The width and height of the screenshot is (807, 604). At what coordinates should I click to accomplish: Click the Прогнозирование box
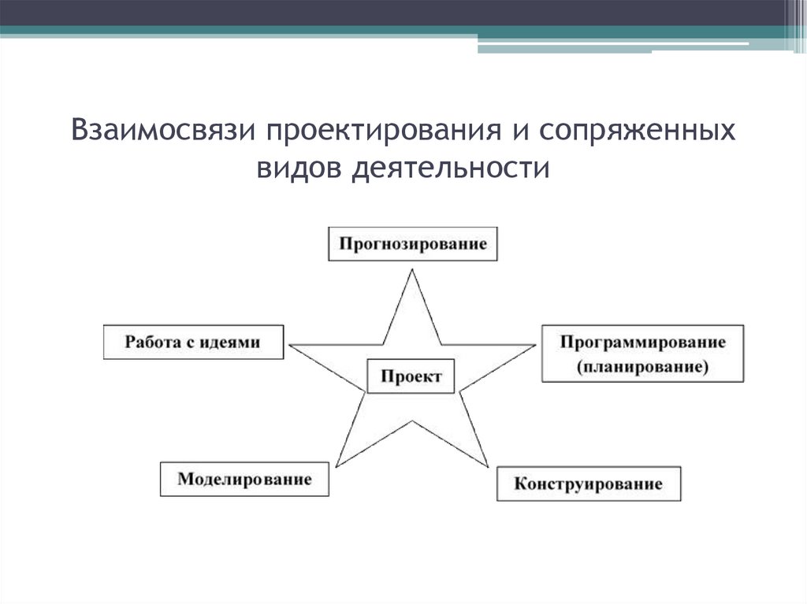point(413,243)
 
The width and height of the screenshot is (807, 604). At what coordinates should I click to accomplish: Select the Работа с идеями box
point(193,342)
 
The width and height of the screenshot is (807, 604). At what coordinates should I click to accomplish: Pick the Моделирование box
point(244,479)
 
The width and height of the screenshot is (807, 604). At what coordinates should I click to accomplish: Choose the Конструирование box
point(588,483)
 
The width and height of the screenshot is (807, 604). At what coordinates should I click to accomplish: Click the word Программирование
point(642,343)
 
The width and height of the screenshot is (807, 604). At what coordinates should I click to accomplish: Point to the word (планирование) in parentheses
point(642,366)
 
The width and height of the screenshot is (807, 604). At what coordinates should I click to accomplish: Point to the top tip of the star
point(411,270)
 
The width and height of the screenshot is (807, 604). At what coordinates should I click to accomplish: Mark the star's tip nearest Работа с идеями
point(290,345)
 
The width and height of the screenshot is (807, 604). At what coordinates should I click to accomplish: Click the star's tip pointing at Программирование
point(534,345)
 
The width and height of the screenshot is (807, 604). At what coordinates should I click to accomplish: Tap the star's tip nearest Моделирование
point(336,465)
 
